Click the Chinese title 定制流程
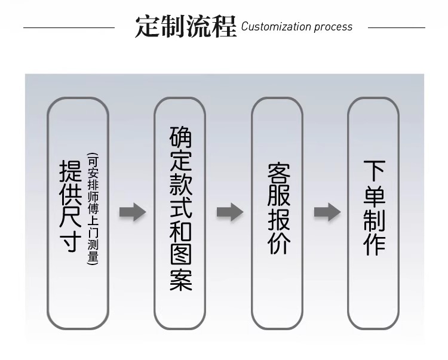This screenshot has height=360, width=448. click(x=185, y=26)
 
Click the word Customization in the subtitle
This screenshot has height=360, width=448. click(x=276, y=27)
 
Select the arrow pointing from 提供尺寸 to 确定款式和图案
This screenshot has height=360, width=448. click(x=132, y=212)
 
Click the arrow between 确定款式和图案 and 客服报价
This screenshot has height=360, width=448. click(x=229, y=212)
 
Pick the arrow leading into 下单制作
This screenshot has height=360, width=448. click(x=327, y=212)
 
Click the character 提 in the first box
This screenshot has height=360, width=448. click(x=71, y=171)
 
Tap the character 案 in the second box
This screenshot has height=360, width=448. click(x=180, y=279)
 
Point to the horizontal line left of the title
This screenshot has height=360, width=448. click(x=69, y=27)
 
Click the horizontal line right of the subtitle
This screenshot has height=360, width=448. click(x=396, y=27)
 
